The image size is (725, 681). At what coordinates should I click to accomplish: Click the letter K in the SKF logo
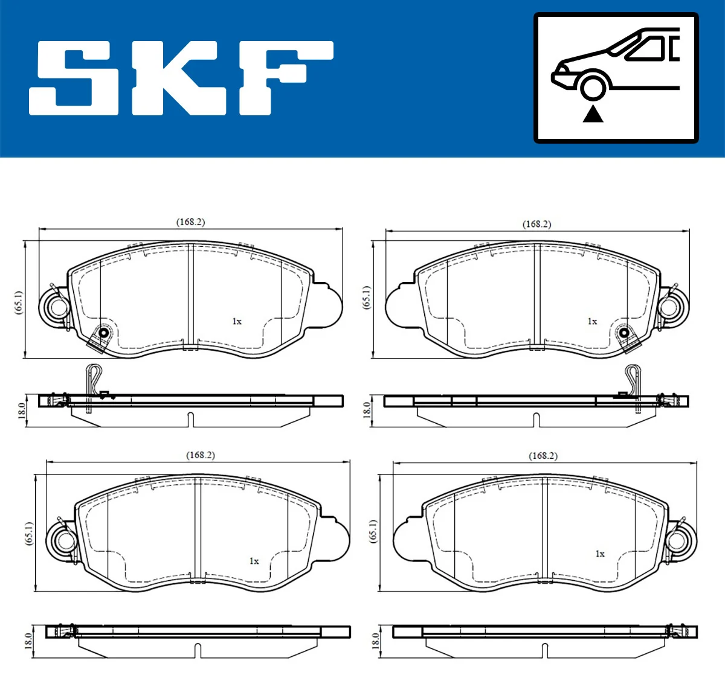pos(178,78)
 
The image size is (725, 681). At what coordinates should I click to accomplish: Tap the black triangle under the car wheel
pos(593,113)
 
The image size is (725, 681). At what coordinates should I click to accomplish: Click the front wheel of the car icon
pos(592,86)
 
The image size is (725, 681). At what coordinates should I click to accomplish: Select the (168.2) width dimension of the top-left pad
pos(190,222)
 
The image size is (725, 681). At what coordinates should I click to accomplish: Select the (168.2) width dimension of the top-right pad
pos(536,224)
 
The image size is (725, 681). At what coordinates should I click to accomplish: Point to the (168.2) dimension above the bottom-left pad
pos(200,455)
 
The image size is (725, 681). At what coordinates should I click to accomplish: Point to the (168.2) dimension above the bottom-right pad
pos(543,455)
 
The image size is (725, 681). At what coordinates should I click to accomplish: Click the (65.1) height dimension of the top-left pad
pos(18,301)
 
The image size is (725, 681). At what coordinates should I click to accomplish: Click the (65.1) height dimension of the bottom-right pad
pos(373,530)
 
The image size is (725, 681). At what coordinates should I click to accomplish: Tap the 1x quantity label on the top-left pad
pos(237,321)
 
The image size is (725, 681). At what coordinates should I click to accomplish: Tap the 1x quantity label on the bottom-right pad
pos(599,553)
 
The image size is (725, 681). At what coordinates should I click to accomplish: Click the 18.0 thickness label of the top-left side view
pos(22,411)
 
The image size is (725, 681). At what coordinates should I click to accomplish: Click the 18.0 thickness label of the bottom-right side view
pos(375,641)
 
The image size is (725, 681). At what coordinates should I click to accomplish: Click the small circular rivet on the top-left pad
pos(103,333)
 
